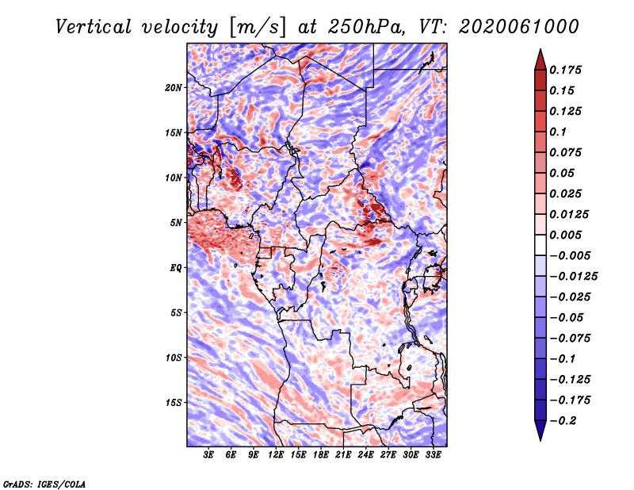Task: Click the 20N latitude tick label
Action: (174, 88)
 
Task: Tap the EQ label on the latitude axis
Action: (176, 268)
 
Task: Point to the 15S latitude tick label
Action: (174, 403)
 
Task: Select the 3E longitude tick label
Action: (208, 455)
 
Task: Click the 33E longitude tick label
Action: (433, 455)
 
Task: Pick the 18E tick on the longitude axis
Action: (321, 455)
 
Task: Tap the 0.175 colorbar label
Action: (565, 70)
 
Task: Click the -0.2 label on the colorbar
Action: (563, 421)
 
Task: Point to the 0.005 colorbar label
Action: (565, 235)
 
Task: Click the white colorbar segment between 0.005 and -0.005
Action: (540, 245)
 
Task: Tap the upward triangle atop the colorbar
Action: (540, 59)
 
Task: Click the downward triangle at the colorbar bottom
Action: (540, 431)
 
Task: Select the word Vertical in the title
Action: (94, 27)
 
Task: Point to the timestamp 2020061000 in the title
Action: (519, 27)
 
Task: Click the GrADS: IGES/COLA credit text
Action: (44, 484)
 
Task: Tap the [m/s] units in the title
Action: (258, 27)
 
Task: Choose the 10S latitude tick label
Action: (174, 358)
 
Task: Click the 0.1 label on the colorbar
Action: (558, 132)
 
